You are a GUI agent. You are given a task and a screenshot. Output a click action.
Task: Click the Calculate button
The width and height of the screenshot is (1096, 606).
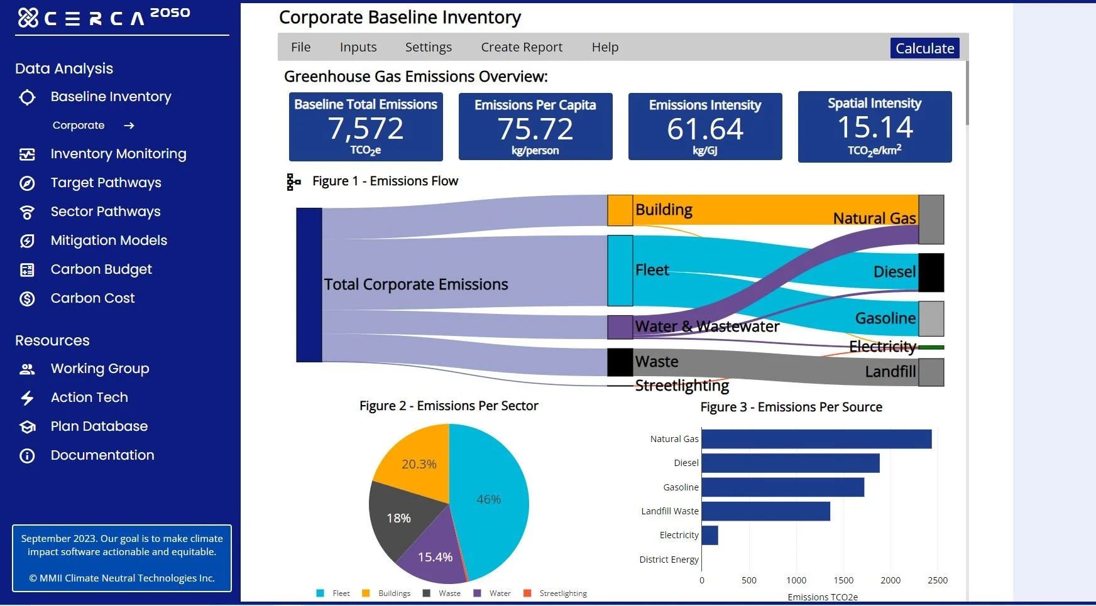924,48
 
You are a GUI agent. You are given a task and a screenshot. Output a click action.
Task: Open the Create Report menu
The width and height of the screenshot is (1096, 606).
521,47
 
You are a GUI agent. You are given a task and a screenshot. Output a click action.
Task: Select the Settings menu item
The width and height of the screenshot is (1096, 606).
428,47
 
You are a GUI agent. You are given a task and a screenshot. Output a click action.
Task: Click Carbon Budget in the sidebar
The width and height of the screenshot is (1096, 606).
101,269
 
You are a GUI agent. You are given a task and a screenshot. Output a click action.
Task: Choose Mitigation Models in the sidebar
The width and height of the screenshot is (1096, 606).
109,241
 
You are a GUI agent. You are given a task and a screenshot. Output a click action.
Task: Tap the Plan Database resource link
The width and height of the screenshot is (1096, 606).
99,426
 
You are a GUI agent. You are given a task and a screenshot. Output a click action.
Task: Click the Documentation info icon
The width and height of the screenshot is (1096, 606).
27,456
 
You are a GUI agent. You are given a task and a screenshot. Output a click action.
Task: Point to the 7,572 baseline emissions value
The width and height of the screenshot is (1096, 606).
366,129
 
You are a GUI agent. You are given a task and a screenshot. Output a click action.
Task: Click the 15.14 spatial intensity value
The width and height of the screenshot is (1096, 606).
875,127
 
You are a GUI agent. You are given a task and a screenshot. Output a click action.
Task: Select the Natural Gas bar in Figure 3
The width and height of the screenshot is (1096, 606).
816,439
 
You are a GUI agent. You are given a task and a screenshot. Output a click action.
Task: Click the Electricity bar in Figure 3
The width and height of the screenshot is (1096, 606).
710,535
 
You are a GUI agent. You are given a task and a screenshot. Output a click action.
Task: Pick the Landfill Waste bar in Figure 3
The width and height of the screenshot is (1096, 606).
765,511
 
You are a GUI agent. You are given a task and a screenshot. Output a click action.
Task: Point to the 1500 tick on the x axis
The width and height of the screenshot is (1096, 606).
843,580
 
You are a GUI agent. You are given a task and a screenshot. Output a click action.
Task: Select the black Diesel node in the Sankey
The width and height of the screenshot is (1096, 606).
931,273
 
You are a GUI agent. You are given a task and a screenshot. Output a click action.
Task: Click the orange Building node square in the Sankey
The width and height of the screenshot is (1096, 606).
620,210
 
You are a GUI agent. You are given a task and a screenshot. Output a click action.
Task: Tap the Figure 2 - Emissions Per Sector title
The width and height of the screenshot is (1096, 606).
449,406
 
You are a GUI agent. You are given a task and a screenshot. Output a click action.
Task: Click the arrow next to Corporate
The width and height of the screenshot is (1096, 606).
129,126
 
